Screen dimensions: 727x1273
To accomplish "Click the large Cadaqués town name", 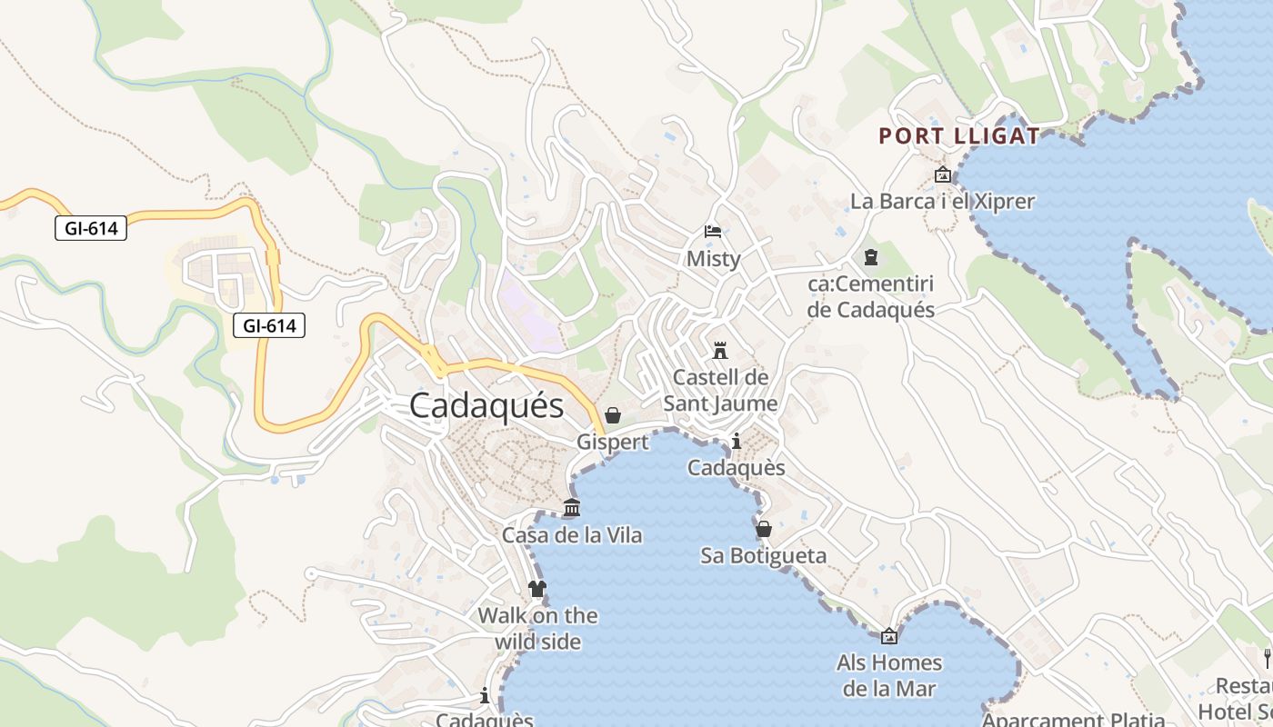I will point(486,405).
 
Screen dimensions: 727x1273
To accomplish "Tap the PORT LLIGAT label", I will point(958,136).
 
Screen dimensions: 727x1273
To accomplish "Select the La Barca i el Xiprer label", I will point(942,201).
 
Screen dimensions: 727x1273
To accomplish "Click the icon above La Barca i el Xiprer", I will point(942,174).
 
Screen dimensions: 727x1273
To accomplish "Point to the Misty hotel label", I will point(713,258).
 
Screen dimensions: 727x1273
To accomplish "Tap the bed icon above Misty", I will point(713,232).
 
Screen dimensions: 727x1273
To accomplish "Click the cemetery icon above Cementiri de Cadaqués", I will point(871,257).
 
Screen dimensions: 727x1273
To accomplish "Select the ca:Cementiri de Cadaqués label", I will point(871,296).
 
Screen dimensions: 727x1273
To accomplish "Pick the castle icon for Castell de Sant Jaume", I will point(720,350).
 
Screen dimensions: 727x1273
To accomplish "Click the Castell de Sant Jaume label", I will point(720,390).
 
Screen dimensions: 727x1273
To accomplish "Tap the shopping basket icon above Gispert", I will point(613,415).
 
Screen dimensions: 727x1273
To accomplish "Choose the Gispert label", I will point(613,442).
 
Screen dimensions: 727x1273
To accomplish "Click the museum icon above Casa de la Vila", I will point(572,508).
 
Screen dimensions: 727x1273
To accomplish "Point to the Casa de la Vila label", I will point(572,535).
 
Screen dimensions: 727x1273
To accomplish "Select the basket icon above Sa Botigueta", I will point(764,528).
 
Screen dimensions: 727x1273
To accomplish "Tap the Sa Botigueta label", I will point(764,555).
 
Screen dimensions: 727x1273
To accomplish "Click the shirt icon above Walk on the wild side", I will point(537,589).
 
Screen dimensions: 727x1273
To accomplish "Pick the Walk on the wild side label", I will point(537,628).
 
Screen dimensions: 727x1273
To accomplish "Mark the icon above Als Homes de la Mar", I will point(889,637).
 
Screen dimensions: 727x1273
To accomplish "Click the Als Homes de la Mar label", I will point(889,675).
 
